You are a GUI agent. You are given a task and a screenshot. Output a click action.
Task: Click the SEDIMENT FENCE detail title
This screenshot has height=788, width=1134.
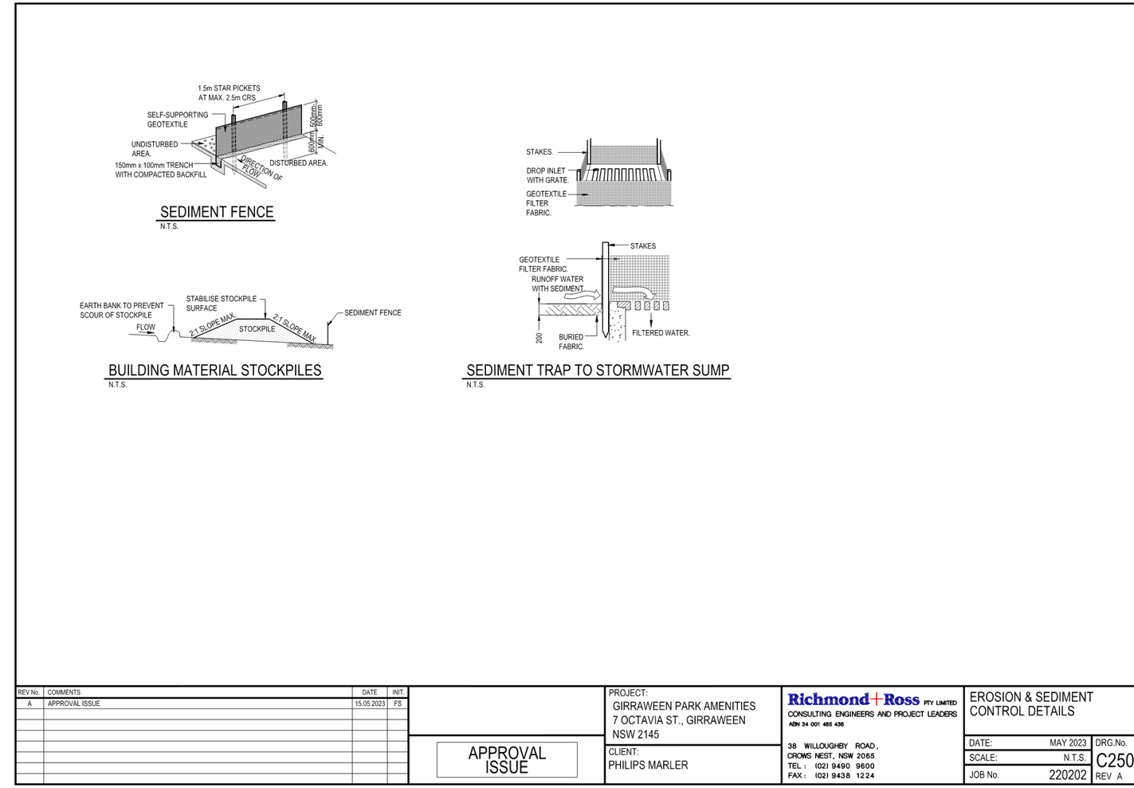pyautogui.click(x=217, y=212)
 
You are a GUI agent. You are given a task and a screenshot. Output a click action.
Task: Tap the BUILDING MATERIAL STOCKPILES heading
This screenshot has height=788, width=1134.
pyautogui.click(x=215, y=370)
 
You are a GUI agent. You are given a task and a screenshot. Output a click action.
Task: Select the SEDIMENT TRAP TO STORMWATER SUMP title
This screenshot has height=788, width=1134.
pyautogui.click(x=598, y=370)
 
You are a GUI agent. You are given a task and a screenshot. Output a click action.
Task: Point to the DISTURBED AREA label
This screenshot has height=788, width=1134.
pyautogui.click(x=299, y=163)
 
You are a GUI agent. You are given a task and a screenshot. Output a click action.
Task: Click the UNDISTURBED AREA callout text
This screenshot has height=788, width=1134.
pyautogui.click(x=155, y=148)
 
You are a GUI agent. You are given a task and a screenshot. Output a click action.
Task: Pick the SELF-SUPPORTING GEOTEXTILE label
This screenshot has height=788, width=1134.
pyautogui.click(x=177, y=120)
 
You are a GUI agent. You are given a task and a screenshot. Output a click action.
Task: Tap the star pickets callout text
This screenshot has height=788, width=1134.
pyautogui.click(x=228, y=92)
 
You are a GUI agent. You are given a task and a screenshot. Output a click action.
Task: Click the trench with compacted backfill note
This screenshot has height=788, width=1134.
pyautogui.click(x=159, y=170)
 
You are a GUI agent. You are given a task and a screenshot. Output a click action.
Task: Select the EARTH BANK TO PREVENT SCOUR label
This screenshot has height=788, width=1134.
pyautogui.click(x=121, y=310)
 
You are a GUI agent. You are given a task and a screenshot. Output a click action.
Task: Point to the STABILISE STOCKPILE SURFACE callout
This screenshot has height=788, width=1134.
pyautogui.click(x=222, y=303)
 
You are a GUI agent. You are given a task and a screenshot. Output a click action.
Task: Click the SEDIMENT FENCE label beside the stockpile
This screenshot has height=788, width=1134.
pyautogui.click(x=372, y=312)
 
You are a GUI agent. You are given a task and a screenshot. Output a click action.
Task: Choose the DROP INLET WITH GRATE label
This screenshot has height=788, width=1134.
pyautogui.click(x=547, y=175)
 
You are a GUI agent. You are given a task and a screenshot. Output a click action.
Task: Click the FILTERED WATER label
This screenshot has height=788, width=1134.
pyautogui.click(x=660, y=333)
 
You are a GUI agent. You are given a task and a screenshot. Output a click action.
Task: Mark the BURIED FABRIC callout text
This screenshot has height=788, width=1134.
pyautogui.click(x=571, y=342)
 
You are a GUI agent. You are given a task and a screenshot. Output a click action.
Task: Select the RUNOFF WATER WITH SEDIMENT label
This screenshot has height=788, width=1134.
pyautogui.click(x=558, y=284)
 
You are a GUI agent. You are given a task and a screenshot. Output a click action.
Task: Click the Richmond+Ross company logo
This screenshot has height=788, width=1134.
pyautogui.click(x=853, y=700)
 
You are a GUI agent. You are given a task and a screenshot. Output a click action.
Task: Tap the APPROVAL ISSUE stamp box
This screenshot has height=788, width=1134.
pyautogui.click(x=507, y=759)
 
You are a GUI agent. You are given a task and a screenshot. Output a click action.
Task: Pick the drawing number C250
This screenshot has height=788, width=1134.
pyautogui.click(x=1114, y=760)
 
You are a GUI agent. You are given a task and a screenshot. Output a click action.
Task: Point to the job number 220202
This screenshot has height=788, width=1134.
pyautogui.click(x=1068, y=774)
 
